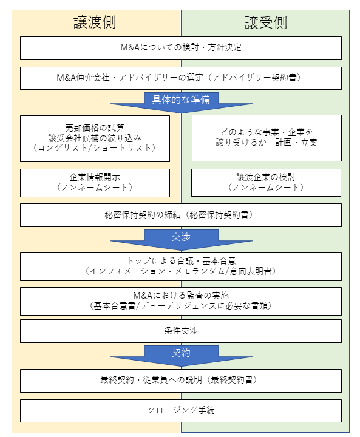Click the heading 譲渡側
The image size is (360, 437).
pos(95,22)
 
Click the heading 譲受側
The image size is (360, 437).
pos(266,22)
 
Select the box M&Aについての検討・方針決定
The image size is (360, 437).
pos(181,48)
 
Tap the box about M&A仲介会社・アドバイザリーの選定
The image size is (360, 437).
pos(181,78)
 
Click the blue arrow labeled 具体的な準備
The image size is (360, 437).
pos(182,103)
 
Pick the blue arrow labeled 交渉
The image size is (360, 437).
pos(182,240)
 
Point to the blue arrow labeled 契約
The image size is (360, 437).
pos(182,356)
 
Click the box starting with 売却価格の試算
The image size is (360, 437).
pos(95,138)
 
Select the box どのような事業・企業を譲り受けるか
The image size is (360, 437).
pos(267,138)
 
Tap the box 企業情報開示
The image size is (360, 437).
pos(95,183)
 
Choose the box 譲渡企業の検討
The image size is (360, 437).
pos(266,183)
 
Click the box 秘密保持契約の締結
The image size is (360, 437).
pos(181,215)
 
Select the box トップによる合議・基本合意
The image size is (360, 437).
pos(181,266)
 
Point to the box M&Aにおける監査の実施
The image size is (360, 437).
pos(181,301)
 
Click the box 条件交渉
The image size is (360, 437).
pos(181,331)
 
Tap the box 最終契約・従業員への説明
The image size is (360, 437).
pos(181,381)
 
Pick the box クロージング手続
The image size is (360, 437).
pos(181,411)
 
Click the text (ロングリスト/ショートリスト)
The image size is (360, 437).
pos(95,147)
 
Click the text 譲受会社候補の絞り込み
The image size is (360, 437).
pos(95,138)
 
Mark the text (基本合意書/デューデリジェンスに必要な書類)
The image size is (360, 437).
pos(181,306)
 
